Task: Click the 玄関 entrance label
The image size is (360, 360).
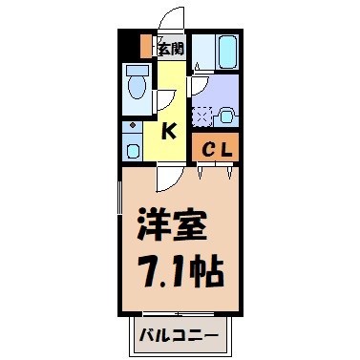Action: point(171,46)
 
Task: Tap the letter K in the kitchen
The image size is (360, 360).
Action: point(168,132)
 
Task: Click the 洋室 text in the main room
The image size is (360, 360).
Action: point(173,227)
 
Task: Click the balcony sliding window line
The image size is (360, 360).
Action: point(179,313)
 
